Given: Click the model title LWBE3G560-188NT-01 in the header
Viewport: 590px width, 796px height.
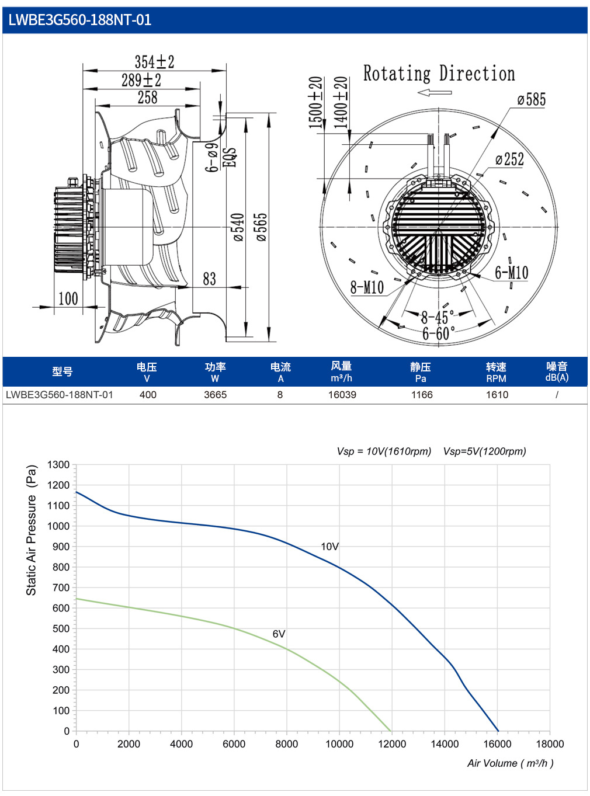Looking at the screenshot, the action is (x=79, y=20).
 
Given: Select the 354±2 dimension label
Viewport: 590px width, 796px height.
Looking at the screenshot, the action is (x=154, y=62).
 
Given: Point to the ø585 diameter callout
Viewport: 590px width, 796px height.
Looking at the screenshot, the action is (x=531, y=99).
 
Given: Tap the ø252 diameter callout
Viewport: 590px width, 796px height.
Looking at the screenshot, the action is (x=509, y=159).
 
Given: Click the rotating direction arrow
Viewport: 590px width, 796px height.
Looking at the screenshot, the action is (x=435, y=93).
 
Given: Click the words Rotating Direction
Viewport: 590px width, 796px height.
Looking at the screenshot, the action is (x=439, y=73).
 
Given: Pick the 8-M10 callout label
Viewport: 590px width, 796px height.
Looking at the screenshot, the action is (x=367, y=287).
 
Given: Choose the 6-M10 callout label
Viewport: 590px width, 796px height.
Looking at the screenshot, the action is (x=511, y=272).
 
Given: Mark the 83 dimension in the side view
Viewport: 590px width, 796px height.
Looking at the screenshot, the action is (x=209, y=279).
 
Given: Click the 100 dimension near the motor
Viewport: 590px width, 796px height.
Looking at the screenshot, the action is (x=68, y=298).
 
